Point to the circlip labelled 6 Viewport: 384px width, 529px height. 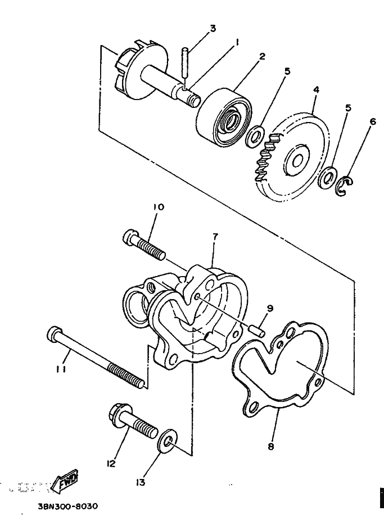[344, 187]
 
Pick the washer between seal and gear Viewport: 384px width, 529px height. [256, 135]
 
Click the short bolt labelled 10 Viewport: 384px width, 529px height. [143, 245]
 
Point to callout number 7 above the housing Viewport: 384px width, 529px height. [214, 237]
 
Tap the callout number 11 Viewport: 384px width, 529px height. [61, 369]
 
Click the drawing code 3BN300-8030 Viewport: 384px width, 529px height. [67, 505]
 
